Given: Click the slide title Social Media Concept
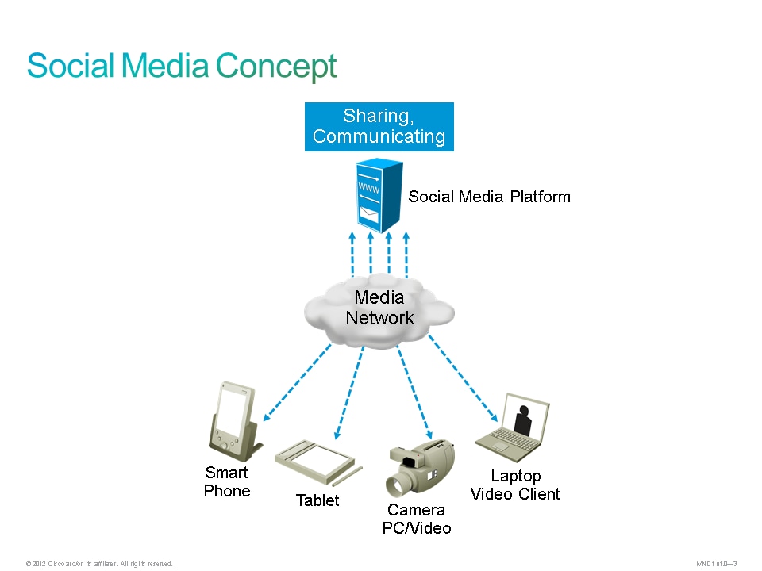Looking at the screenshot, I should pos(182,66).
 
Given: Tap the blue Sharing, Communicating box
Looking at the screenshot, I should pos(379,126).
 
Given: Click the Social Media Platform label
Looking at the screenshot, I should pos(489,197).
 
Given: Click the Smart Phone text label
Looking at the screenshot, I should pos(227,482).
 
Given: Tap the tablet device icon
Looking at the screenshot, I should pos(315,460).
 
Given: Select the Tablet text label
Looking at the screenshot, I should pos(317,500).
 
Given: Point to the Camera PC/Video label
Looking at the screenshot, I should pos(417,519).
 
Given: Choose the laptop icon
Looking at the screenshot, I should pos(514,426).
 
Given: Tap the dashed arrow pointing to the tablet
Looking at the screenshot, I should pos(349,393).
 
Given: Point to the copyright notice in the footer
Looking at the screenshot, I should pos(99,564).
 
